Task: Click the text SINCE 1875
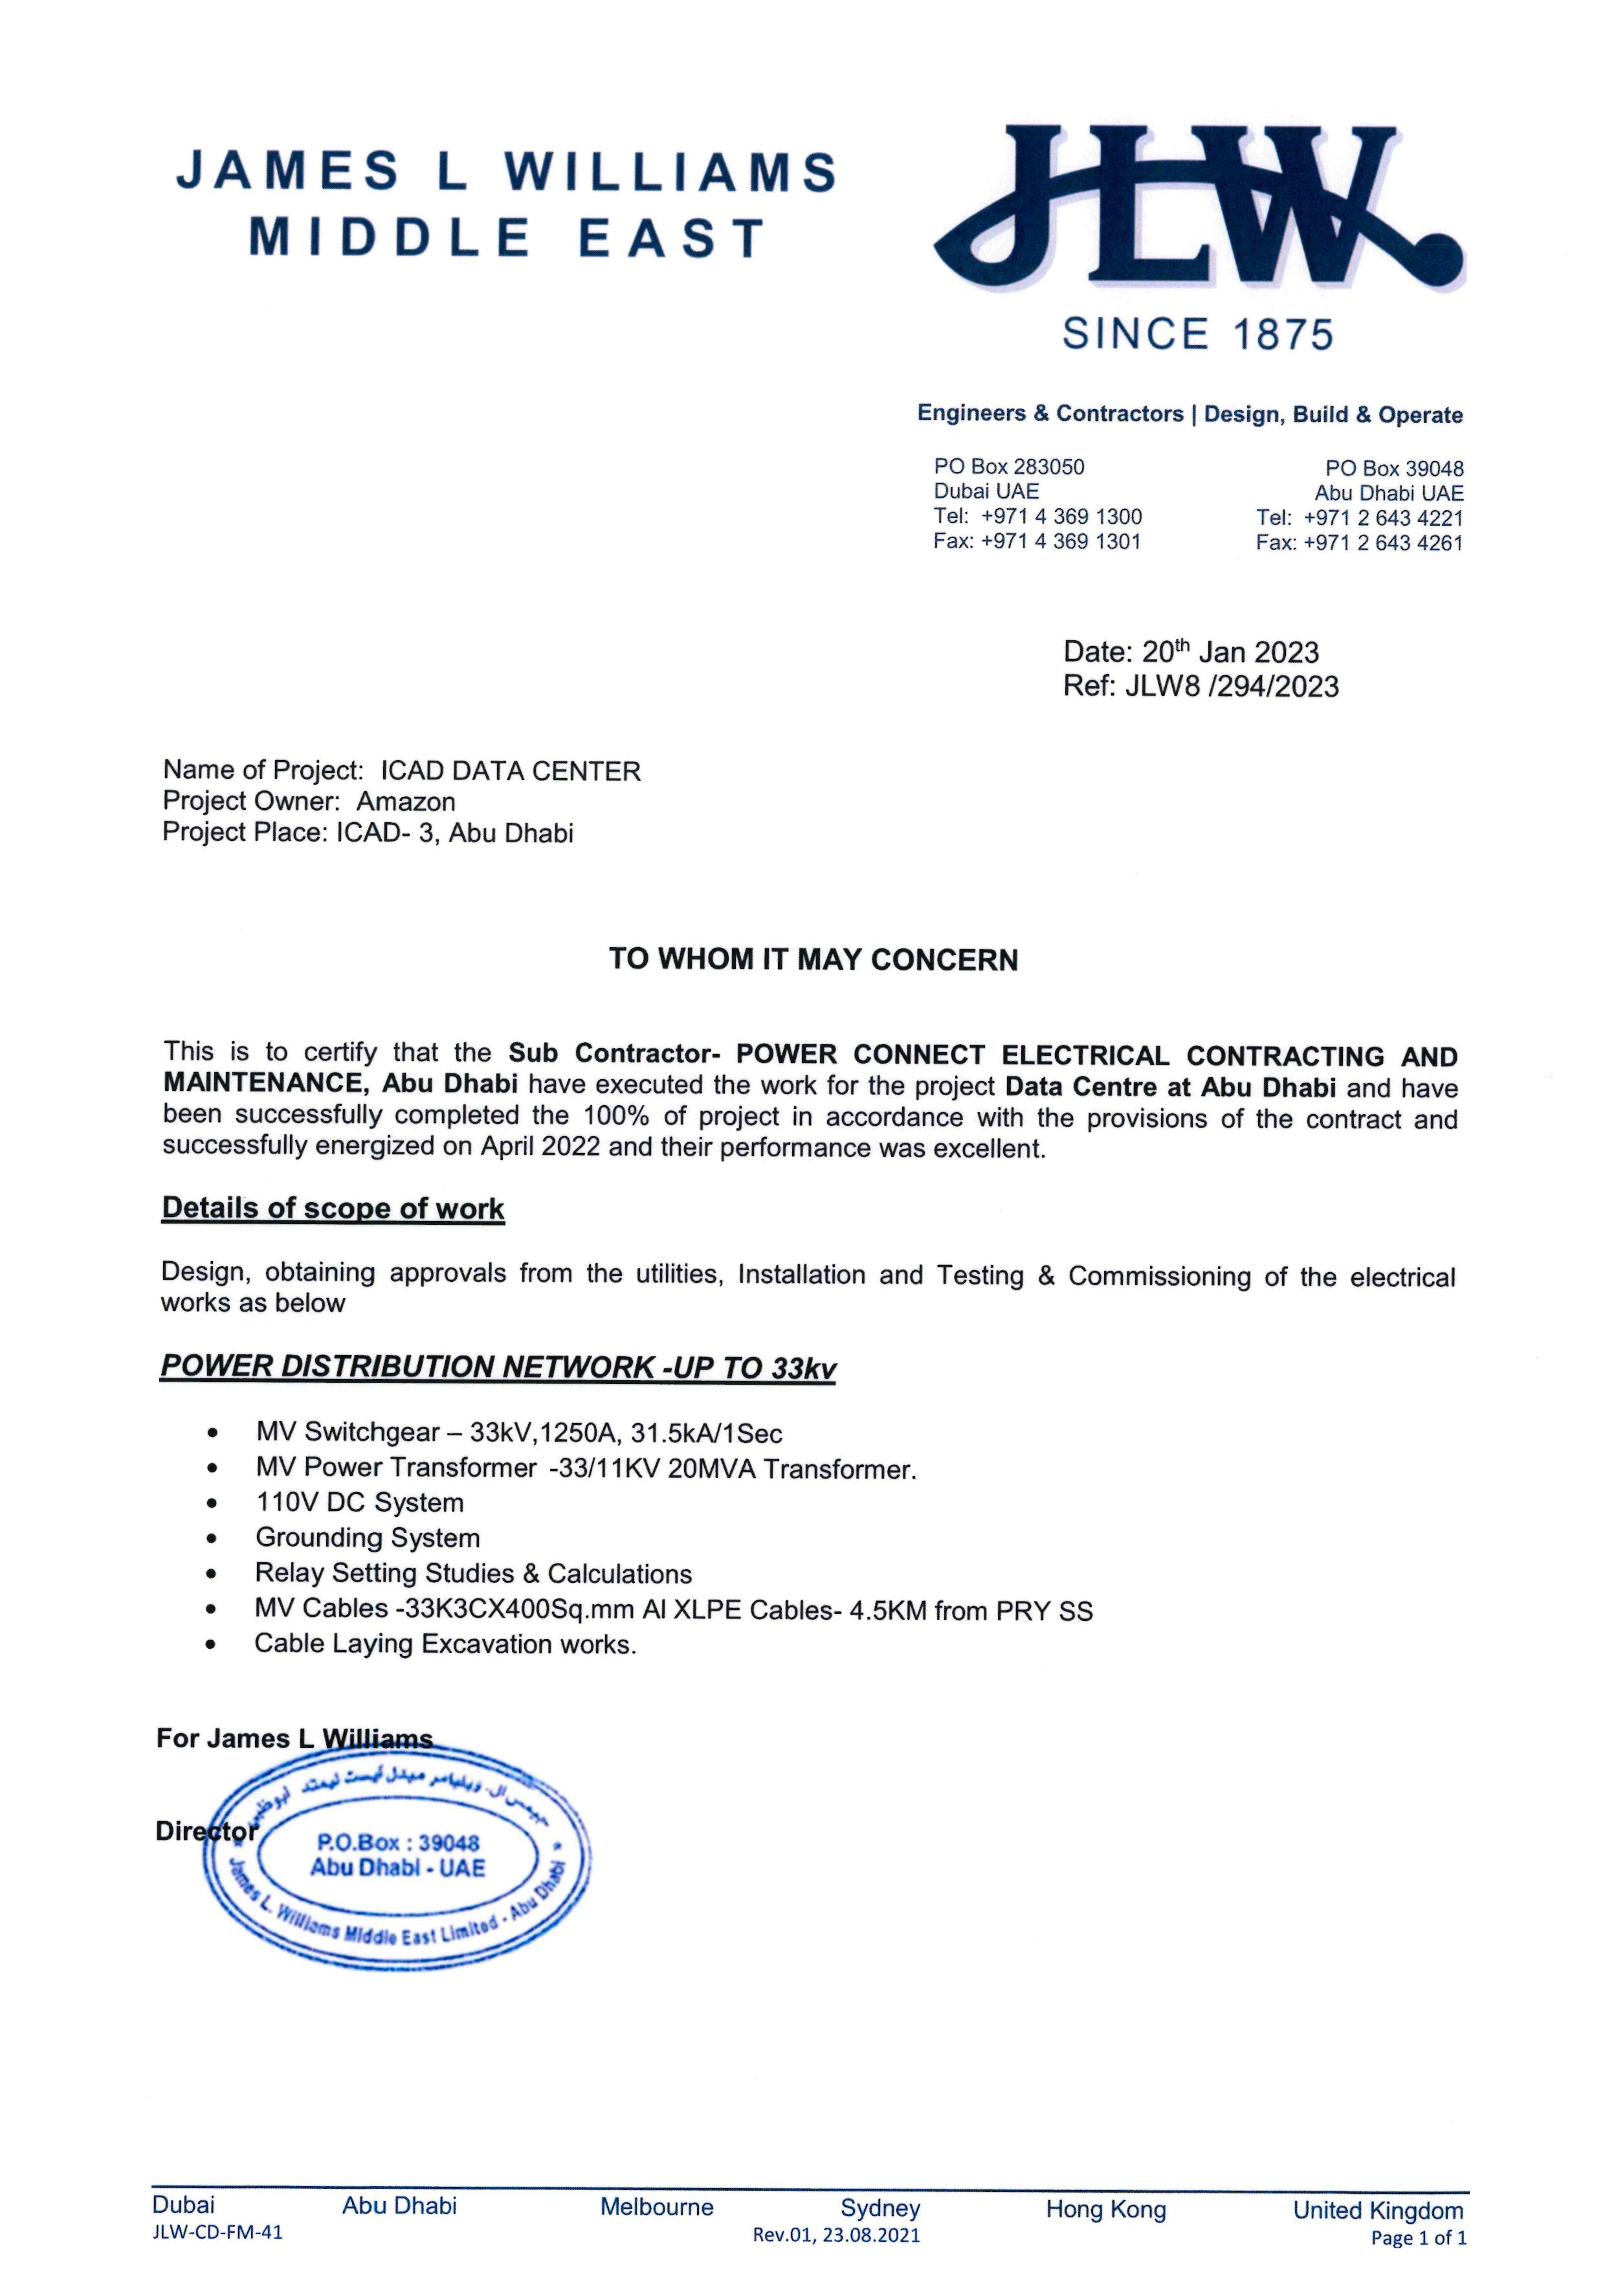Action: pyautogui.click(x=1197, y=334)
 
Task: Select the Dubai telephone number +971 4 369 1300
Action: pyautogui.click(x=1061, y=517)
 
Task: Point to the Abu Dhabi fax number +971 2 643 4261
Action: pyautogui.click(x=1382, y=543)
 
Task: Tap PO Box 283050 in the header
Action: pyautogui.click(x=1009, y=467)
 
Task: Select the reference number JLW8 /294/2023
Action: pyautogui.click(x=1231, y=686)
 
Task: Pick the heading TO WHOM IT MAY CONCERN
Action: pyautogui.click(x=813, y=959)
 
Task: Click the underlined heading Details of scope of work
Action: pyautogui.click(x=333, y=1209)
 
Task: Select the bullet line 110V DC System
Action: pyautogui.click(x=359, y=1503)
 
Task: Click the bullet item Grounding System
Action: pyautogui.click(x=367, y=1538)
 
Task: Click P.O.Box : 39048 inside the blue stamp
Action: pyautogui.click(x=397, y=1842)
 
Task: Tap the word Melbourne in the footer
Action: pyautogui.click(x=657, y=2207)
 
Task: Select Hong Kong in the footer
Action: pyautogui.click(x=1105, y=2209)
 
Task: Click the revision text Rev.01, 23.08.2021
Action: pyautogui.click(x=836, y=2234)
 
